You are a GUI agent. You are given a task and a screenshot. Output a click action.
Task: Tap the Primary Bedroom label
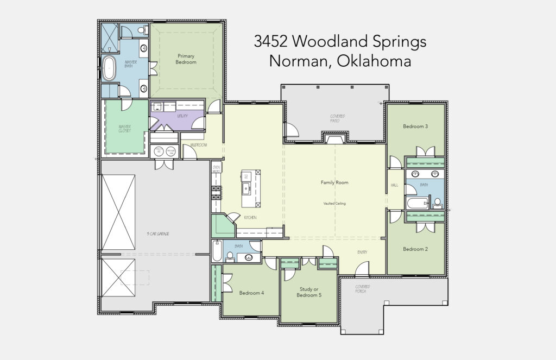186,59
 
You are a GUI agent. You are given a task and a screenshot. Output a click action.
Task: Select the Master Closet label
125,129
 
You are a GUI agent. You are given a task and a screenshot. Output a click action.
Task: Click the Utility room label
182,116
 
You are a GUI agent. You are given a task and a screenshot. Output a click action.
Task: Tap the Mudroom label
198,145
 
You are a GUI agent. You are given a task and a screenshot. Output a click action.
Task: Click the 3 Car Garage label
158,233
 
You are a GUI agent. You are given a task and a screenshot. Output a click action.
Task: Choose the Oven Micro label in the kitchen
216,169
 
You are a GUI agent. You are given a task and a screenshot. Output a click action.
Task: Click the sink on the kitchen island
247,190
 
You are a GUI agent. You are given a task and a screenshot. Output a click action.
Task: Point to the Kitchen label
250,218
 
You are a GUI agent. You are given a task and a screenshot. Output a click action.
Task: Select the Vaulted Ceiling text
334,204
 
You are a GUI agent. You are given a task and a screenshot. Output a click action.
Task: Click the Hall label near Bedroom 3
395,185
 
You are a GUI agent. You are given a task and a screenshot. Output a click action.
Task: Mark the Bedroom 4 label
251,293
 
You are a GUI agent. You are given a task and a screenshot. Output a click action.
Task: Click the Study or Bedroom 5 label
309,292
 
